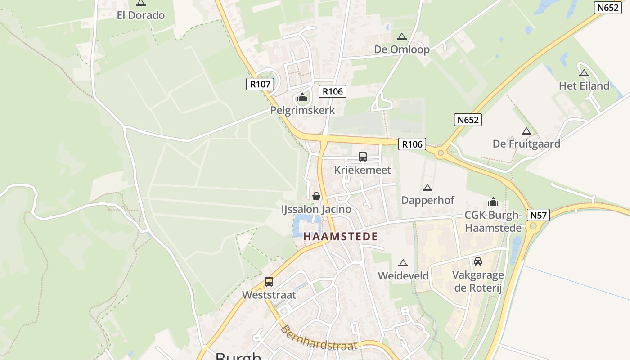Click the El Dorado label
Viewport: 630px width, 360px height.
tap(140, 15)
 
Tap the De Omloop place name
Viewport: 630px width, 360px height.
tap(402, 49)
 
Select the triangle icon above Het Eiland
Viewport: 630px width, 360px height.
tap(584, 73)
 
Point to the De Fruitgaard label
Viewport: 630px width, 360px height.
tap(526, 144)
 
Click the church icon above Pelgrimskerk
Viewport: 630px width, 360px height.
tap(302, 97)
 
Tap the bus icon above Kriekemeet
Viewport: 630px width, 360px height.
tap(362, 157)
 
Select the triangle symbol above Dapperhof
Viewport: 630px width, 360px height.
tap(427, 188)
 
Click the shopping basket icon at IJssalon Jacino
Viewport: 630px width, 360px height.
tap(316, 196)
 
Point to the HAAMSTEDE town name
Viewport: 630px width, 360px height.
tap(340, 236)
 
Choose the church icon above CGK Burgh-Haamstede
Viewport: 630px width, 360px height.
tap(493, 202)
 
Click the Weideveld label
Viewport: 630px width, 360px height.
tap(403, 275)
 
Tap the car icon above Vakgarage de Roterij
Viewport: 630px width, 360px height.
tap(478, 261)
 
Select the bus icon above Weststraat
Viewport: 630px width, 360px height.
tap(269, 282)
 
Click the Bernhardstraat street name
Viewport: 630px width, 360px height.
tap(319, 338)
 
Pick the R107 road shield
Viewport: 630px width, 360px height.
tap(260, 84)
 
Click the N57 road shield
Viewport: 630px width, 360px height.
tap(538, 215)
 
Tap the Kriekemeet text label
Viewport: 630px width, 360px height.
tap(362, 170)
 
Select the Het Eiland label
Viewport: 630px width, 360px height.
tap(584, 86)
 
